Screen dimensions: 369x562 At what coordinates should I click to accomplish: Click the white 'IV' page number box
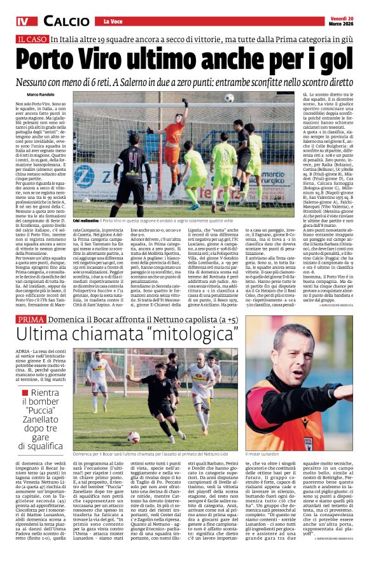click(23, 22)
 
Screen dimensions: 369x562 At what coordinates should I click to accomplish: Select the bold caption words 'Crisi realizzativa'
click(88, 219)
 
